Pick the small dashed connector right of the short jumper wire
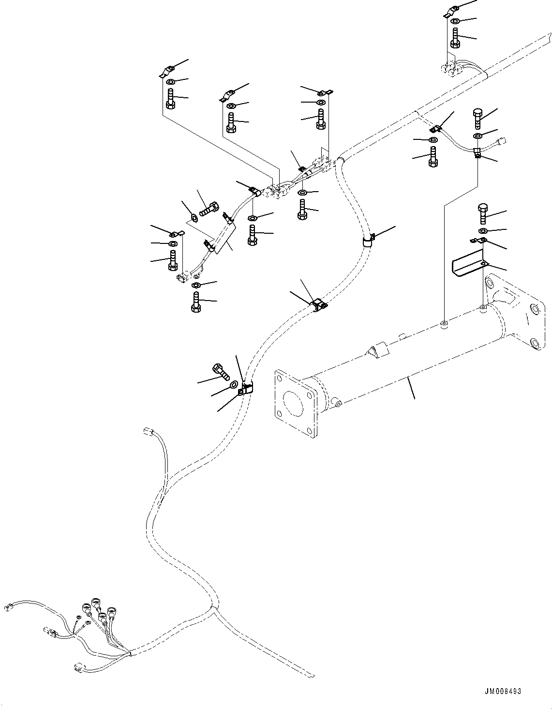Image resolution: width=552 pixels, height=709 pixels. click(x=503, y=141)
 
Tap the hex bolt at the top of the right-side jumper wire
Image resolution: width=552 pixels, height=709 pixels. click(x=477, y=118)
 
